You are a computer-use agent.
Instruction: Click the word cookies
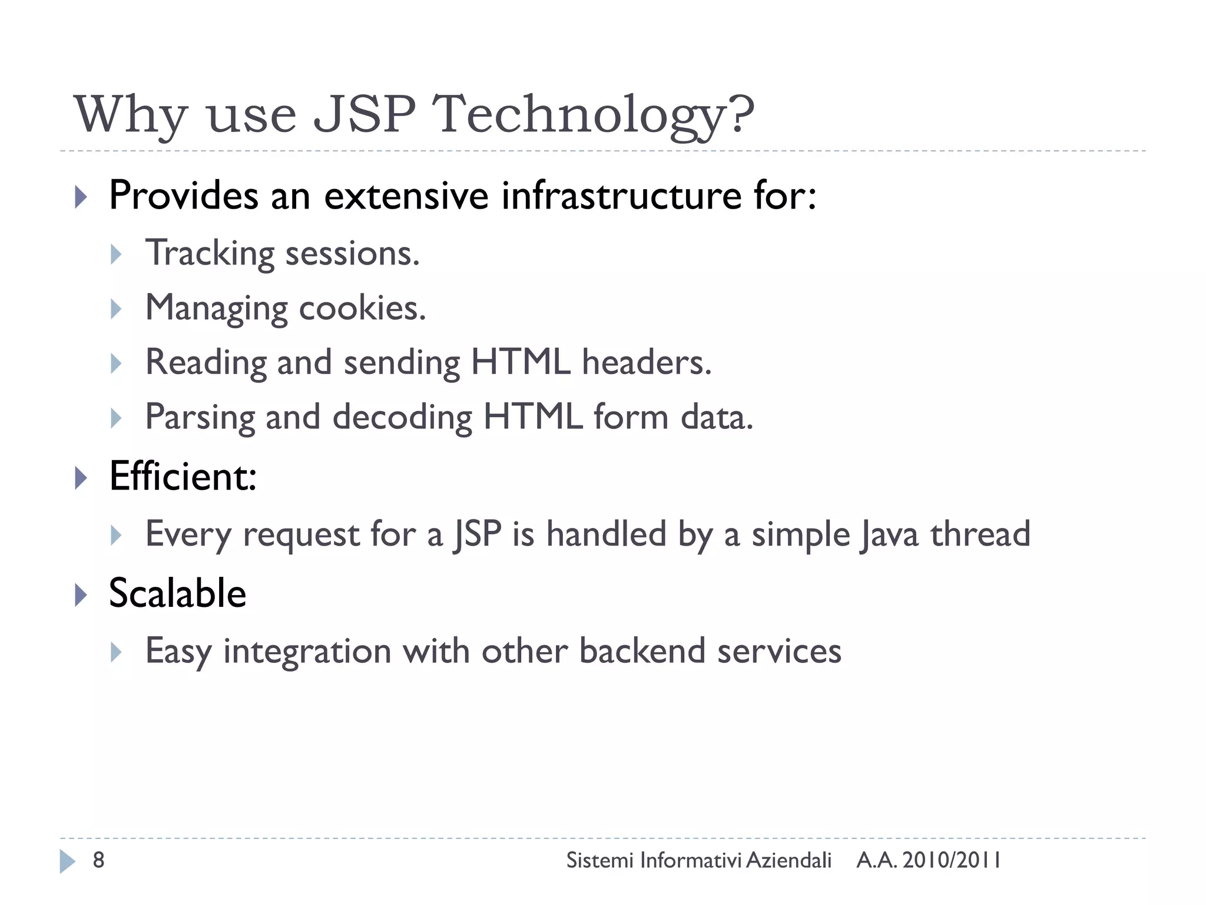click(362, 308)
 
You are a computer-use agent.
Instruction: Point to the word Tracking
click(210, 253)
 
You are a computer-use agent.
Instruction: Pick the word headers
click(647, 362)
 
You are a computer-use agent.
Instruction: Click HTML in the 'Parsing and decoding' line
click(533, 417)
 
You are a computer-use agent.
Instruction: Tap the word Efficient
click(183, 476)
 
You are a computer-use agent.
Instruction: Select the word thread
click(980, 534)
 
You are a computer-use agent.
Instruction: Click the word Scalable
click(177, 593)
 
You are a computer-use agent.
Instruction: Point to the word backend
click(642, 651)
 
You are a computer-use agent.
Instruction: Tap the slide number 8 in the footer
click(98, 860)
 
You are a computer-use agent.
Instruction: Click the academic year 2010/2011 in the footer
click(952, 860)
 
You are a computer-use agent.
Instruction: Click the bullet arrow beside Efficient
click(81, 477)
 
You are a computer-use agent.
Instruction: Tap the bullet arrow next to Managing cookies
click(116, 309)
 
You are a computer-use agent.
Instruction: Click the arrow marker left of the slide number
click(67, 861)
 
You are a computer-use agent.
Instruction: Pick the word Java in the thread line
click(889, 534)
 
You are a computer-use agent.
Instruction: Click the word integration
click(307, 651)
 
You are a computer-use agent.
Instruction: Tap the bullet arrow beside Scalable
click(81, 595)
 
